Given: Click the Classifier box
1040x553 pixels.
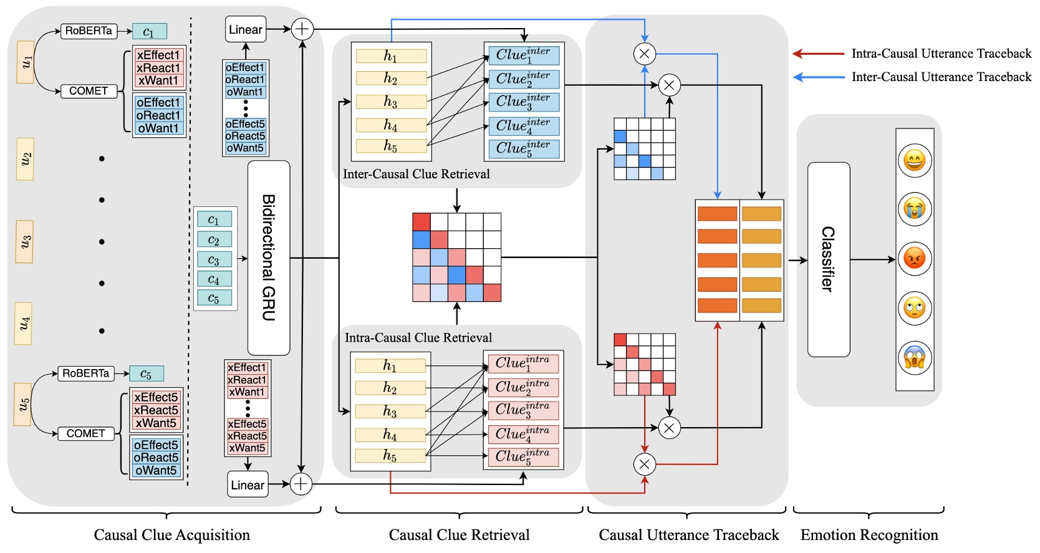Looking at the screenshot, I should click(x=828, y=259).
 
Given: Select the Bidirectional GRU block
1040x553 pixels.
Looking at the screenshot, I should click(x=269, y=257).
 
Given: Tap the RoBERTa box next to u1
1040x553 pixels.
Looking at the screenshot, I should click(x=89, y=31).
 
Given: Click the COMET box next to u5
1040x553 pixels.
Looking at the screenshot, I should click(x=86, y=433).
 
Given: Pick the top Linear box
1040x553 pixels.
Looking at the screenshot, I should click(x=246, y=29).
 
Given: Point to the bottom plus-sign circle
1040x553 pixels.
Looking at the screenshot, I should click(x=301, y=484).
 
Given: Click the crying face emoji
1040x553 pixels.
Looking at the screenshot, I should click(x=914, y=209).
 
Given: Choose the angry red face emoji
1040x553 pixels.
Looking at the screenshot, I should click(x=914, y=258).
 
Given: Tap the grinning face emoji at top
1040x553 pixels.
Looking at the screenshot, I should click(x=914, y=161).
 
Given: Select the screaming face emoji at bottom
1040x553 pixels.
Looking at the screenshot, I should click(x=914, y=358).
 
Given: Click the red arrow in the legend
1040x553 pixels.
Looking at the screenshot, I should click(x=818, y=54).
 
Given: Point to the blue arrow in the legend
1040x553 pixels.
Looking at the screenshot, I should click(x=818, y=77).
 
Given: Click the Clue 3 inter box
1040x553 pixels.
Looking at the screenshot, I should click(x=524, y=102).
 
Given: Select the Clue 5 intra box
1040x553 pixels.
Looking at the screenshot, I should click(x=523, y=457).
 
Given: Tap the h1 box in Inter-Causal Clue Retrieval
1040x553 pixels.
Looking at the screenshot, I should click(x=391, y=56).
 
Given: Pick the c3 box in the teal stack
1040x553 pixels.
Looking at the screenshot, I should click(x=214, y=259).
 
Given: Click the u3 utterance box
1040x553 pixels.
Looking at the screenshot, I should click(x=25, y=241).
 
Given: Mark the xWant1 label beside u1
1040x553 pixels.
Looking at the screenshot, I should click(x=158, y=80).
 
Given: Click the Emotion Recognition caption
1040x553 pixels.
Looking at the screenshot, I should click(x=869, y=535).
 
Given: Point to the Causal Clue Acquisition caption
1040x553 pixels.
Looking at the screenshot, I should click(x=171, y=535).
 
